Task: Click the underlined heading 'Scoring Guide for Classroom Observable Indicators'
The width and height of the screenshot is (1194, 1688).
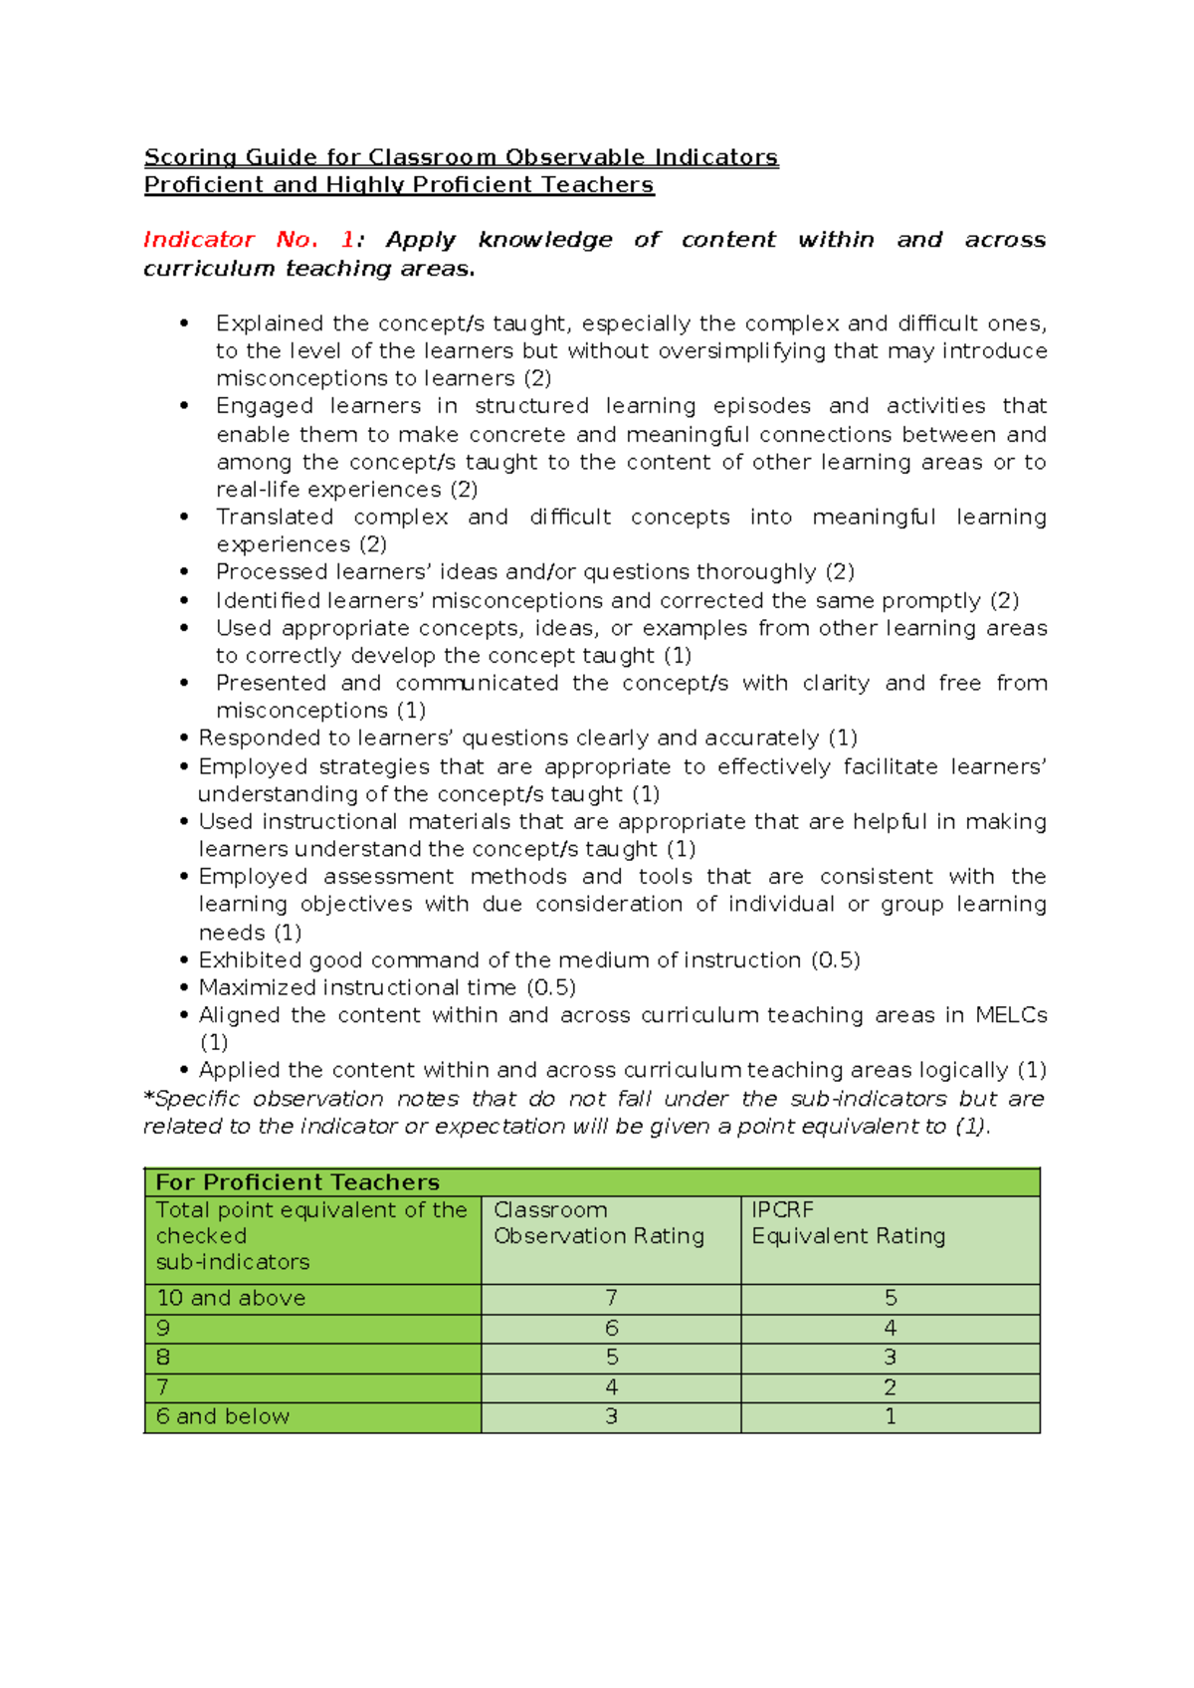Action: click(x=461, y=157)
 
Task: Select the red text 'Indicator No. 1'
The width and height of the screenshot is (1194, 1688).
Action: click(x=249, y=240)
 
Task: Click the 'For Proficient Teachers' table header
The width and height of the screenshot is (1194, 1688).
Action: click(x=298, y=1182)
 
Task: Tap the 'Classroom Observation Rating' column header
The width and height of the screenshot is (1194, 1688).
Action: click(x=598, y=1223)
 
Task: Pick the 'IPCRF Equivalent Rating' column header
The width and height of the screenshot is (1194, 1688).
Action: click(x=848, y=1223)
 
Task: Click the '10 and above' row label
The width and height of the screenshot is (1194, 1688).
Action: click(x=231, y=1299)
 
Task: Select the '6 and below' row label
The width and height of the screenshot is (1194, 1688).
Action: click(x=223, y=1417)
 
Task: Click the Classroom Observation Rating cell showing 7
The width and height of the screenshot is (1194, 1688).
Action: click(x=611, y=1299)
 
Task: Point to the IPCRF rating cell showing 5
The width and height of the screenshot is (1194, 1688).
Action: click(x=891, y=1299)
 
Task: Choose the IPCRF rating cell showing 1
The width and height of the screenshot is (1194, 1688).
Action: click(x=891, y=1417)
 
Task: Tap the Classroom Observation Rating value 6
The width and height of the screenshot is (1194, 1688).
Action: click(x=611, y=1329)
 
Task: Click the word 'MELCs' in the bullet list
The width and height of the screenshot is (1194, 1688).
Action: click(x=1011, y=1015)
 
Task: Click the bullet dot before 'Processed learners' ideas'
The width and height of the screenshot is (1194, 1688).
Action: click(x=184, y=572)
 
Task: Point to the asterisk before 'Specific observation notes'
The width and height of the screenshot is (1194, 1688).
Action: click(x=149, y=1098)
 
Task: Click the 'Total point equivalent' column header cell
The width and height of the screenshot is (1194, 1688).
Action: click(x=310, y=1236)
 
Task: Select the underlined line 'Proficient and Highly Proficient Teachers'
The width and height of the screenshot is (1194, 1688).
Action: click(x=399, y=185)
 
